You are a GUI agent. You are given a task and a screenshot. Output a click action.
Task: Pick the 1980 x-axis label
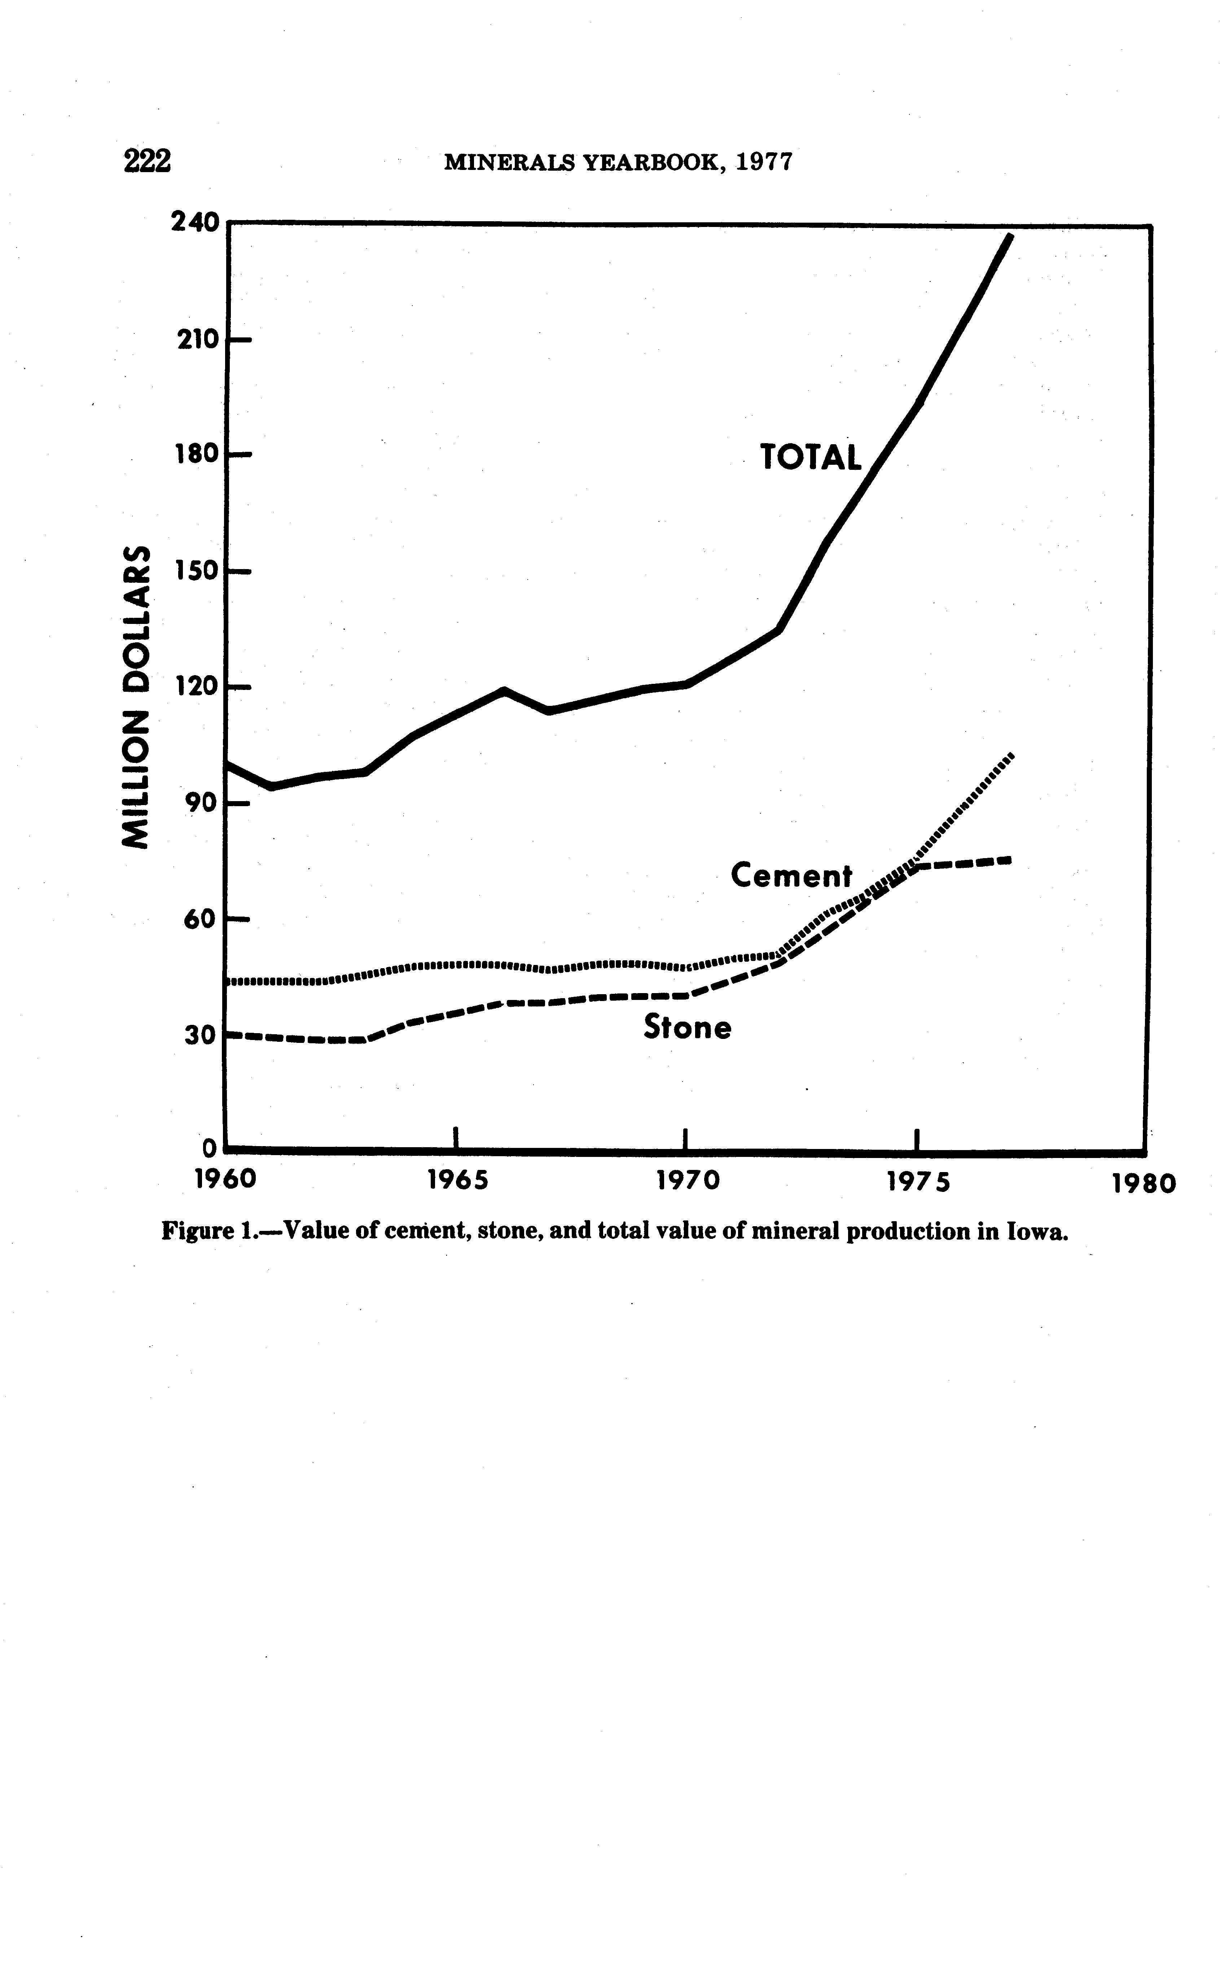pyautogui.click(x=1144, y=1184)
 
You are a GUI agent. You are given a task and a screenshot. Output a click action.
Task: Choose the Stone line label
pyautogui.click(x=688, y=1027)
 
